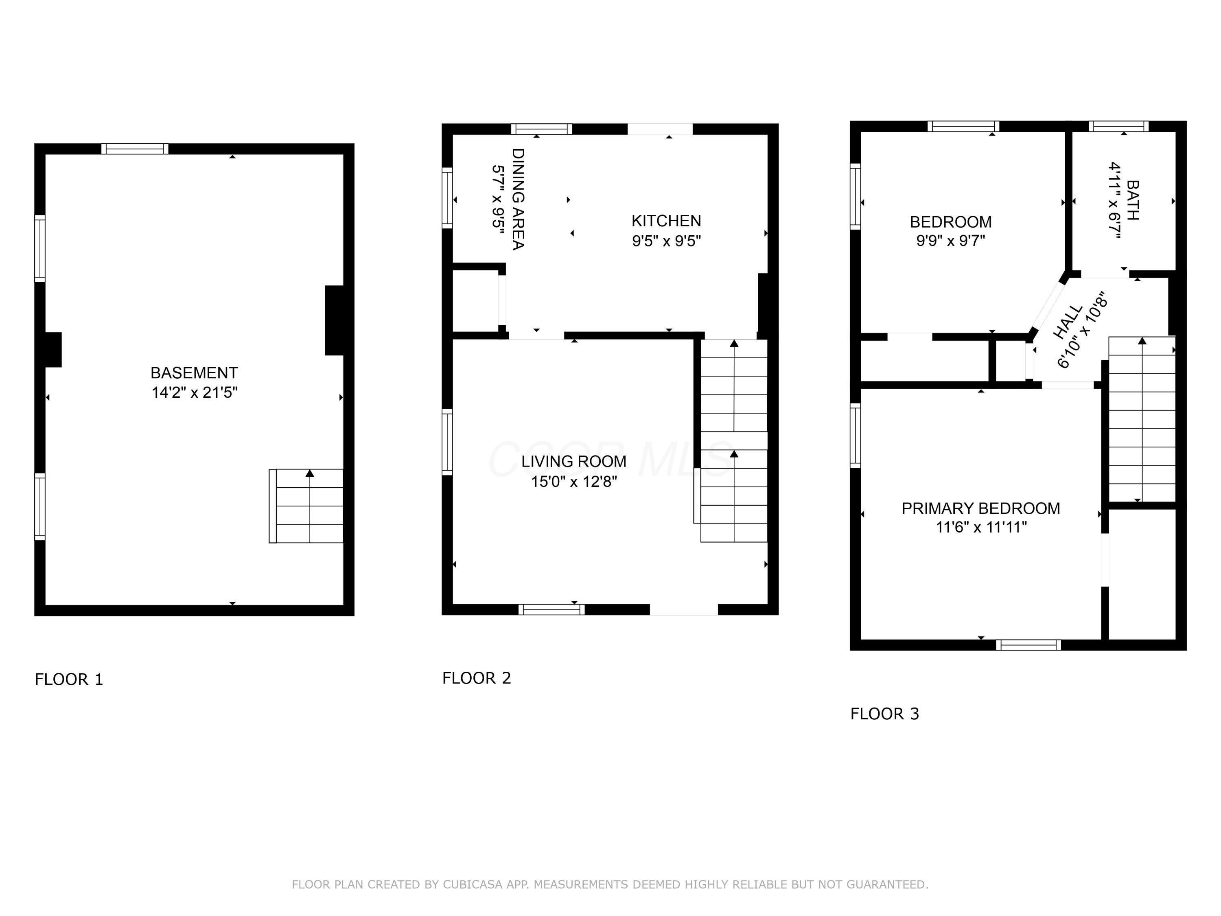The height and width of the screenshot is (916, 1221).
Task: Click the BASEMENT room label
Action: [194, 373]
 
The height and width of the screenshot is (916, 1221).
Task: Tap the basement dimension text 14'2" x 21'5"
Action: [194, 392]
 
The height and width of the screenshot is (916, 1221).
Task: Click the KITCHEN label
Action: [666, 221]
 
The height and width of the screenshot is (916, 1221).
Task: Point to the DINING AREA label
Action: [518, 199]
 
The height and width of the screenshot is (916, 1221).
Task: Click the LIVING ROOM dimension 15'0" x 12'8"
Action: [573, 482]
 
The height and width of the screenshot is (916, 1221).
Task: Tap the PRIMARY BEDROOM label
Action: [980, 508]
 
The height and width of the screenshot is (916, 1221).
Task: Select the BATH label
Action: [1131, 200]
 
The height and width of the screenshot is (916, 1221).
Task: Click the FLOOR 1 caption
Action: [69, 679]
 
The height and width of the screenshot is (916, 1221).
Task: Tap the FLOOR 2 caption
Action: [476, 678]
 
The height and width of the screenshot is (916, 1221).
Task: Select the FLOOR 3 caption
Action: [884, 714]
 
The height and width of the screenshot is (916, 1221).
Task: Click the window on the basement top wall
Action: [135, 149]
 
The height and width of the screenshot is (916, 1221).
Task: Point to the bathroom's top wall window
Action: [1118, 126]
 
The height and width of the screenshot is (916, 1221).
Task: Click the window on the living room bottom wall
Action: [551, 609]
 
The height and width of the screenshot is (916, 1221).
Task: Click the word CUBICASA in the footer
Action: [473, 885]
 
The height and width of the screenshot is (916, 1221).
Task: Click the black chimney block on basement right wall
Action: [335, 320]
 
